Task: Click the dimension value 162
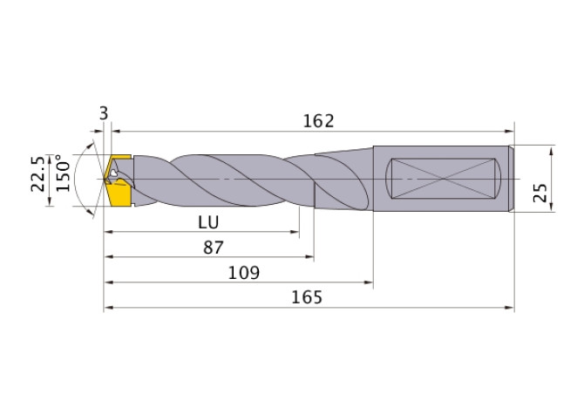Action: click(x=318, y=121)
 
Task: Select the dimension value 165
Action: click(x=307, y=297)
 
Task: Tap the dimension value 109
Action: click(x=243, y=273)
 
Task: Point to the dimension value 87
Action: click(x=214, y=248)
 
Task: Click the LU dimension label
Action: click(x=208, y=222)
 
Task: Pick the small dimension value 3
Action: click(x=104, y=113)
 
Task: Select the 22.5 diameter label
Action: click(x=37, y=173)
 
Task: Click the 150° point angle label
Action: click(x=63, y=173)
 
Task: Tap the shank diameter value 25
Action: click(x=540, y=193)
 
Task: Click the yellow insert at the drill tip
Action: click(x=119, y=180)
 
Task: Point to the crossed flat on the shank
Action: click(x=443, y=179)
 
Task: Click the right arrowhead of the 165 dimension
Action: click(x=509, y=308)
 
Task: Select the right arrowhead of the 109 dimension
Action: click(x=368, y=282)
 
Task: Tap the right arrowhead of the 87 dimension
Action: click(x=309, y=256)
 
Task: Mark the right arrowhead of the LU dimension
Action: click(x=295, y=232)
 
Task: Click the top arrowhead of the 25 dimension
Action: click(x=552, y=151)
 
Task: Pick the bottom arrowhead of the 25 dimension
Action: click(x=552, y=207)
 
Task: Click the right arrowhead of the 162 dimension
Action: click(x=509, y=131)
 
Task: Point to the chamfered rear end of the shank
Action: click(x=512, y=179)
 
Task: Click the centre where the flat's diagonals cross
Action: click(x=443, y=179)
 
